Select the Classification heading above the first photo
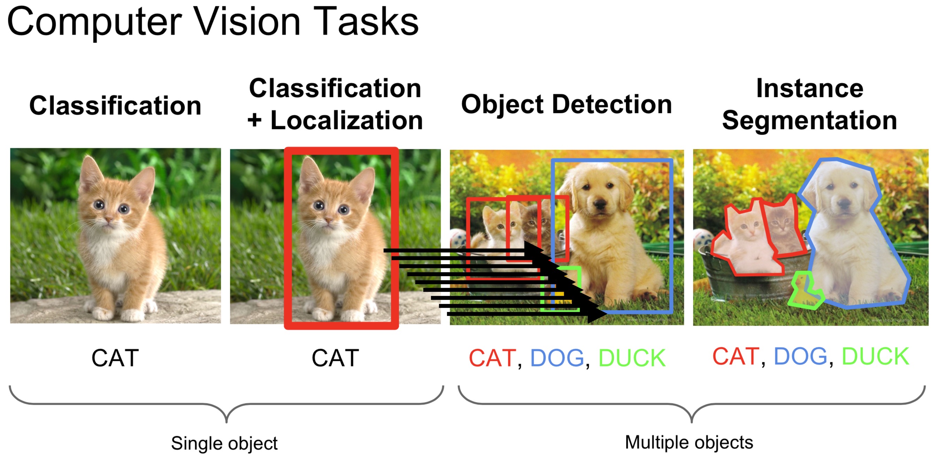tap(115, 106)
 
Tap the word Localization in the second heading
tap(346, 121)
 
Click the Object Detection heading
tap(566, 105)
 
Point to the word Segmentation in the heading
tap(809, 121)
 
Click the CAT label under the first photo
tap(115, 358)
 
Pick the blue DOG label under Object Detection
tap(557, 358)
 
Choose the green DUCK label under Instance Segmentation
tap(875, 356)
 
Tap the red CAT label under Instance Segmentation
tap(736, 356)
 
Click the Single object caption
tap(224, 443)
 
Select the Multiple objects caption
tap(689, 442)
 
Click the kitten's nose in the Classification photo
tap(108, 219)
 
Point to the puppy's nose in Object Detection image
tap(599, 203)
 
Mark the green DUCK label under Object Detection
tap(632, 358)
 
